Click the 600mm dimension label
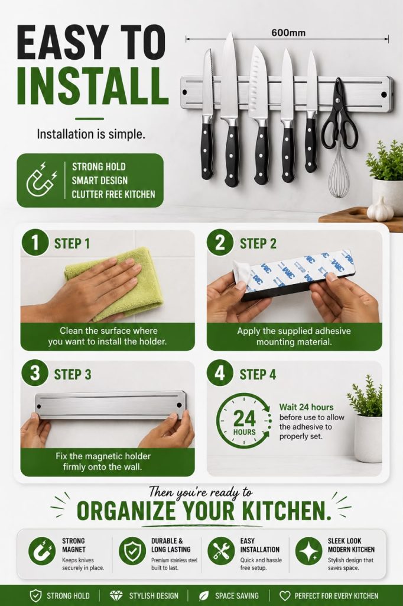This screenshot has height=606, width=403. pos(288,33)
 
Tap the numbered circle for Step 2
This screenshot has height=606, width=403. pos(220,243)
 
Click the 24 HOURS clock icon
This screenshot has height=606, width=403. pos(243,420)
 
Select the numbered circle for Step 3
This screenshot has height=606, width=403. pos(35,374)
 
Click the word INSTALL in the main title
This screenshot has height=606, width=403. pos(93,86)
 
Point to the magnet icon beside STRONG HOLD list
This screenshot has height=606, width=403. pos(41,180)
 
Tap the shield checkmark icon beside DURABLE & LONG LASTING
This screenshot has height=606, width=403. pos(132,551)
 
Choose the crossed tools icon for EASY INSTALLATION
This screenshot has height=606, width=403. pos(221,551)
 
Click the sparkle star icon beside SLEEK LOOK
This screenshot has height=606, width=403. pos(309,551)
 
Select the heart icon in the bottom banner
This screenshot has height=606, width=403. pos(285,595)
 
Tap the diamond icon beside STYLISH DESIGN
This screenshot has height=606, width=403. pos(116,595)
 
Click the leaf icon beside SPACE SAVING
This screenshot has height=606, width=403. pos(204,595)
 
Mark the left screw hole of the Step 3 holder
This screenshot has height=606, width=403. pos(38,406)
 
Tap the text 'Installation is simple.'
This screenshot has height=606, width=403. pos(91,134)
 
